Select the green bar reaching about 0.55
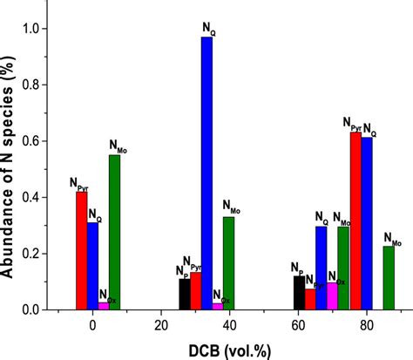[x=114, y=233]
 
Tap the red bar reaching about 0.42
[x=81, y=251]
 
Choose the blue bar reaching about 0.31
[x=92, y=266]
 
